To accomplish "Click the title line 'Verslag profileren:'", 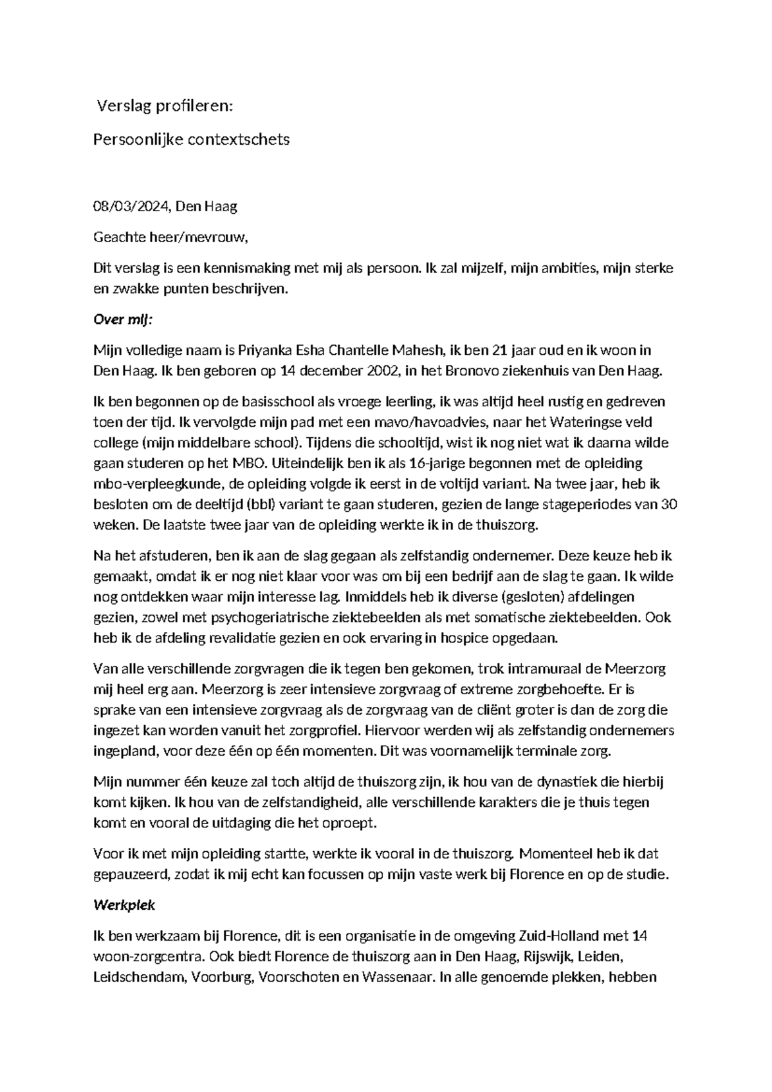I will tap(164, 106).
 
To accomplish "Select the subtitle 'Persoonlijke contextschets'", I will tap(192, 139).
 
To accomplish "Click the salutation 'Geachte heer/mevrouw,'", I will tap(170, 238).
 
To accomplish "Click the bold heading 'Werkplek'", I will tap(125, 905).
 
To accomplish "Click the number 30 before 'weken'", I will tap(668, 505).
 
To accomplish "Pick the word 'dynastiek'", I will tap(571, 782).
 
